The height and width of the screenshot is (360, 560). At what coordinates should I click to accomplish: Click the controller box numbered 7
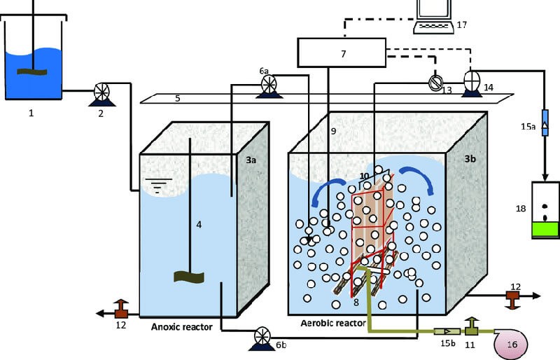(342, 52)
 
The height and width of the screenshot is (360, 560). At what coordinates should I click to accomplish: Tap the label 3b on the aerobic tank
(472, 160)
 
